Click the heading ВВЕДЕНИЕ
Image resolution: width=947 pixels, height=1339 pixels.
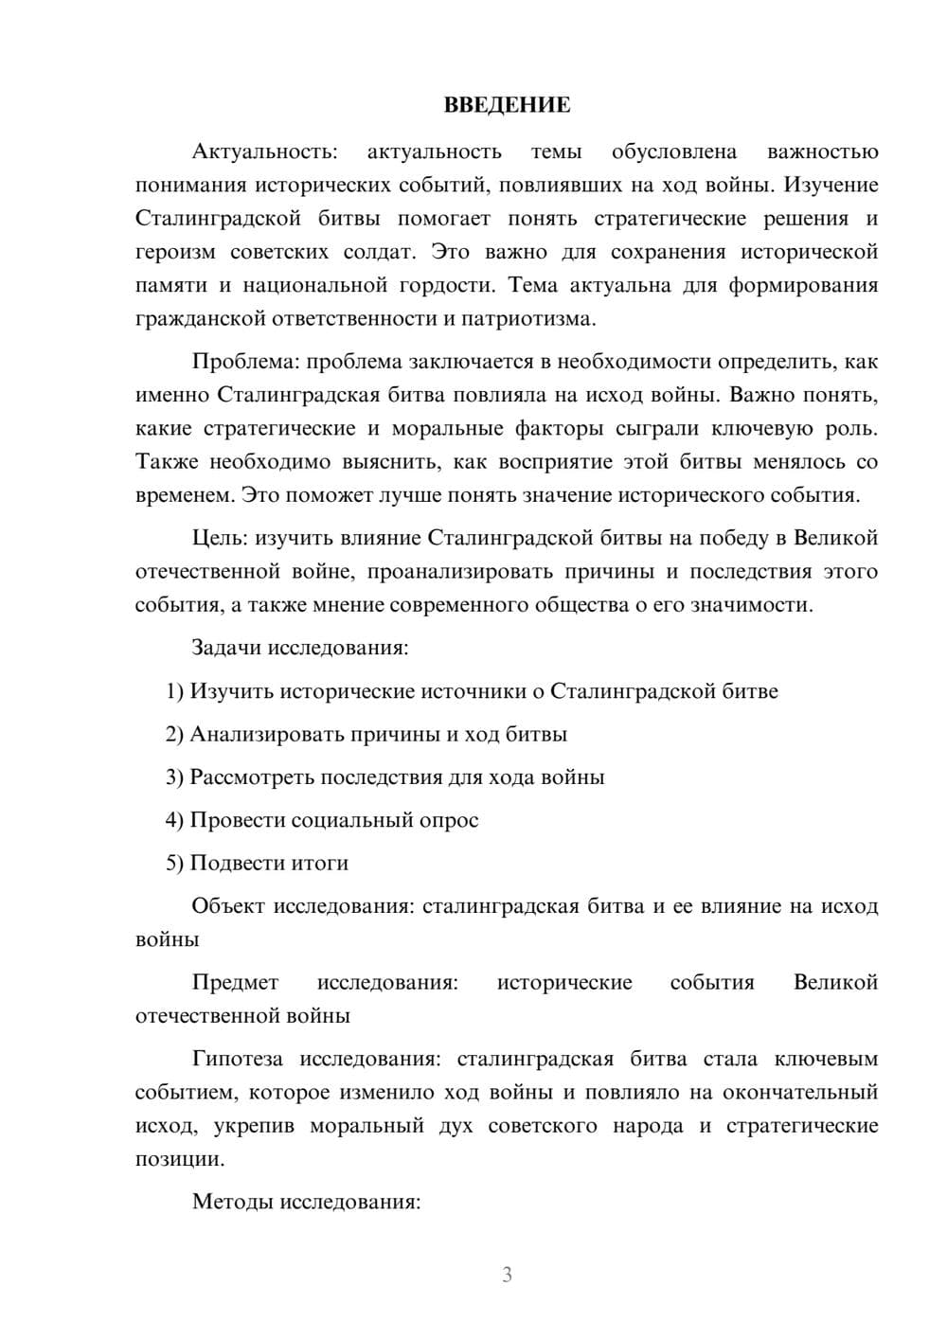[507, 105]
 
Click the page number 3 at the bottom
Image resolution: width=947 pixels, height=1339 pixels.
[507, 1275]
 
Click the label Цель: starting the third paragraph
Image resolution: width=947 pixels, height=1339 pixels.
[220, 538]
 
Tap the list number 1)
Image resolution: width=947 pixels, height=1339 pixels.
[175, 691]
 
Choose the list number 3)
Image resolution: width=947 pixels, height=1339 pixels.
[175, 777]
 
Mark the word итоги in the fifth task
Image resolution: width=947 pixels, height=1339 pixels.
[320, 863]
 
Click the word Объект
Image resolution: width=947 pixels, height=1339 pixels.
[228, 906]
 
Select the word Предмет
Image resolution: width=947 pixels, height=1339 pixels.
[235, 982]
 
